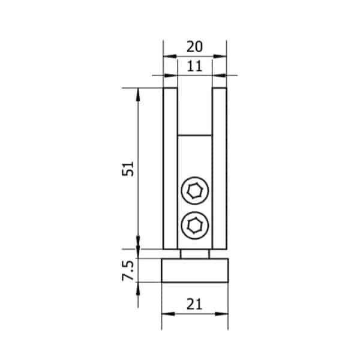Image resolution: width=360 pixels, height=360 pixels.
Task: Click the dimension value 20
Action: point(194,47)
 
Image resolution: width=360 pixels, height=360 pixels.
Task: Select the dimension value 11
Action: point(194,67)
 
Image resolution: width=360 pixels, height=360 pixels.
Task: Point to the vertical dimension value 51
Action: point(128,169)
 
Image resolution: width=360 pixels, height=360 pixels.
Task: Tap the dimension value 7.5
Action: point(128,271)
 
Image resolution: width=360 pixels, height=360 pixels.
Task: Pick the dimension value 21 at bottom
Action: point(194,304)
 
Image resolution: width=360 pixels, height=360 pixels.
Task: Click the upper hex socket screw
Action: point(195,191)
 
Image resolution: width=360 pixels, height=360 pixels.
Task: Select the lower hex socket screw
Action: point(195,225)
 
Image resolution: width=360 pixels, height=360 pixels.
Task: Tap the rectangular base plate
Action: point(195,271)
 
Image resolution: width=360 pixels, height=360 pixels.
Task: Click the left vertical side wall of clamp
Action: point(170,168)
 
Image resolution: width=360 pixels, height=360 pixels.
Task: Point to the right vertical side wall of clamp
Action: point(220,168)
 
